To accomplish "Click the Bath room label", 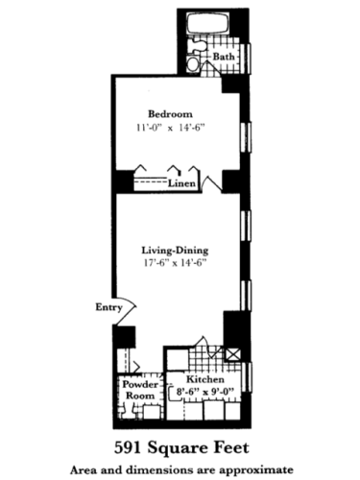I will tap(224, 57).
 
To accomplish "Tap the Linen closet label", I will tap(182, 182).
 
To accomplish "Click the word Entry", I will tap(108, 308).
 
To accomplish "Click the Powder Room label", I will tap(137, 389).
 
